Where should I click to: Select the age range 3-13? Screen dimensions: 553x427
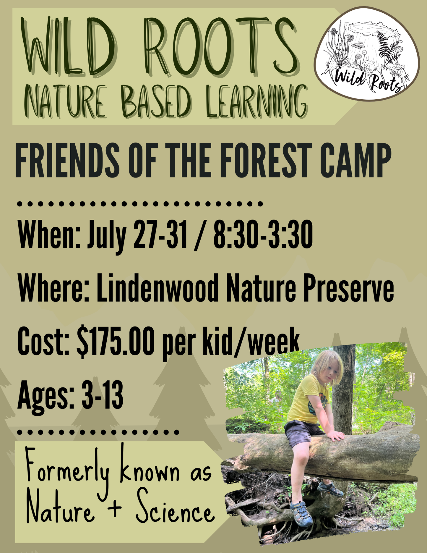pos(102,395)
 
